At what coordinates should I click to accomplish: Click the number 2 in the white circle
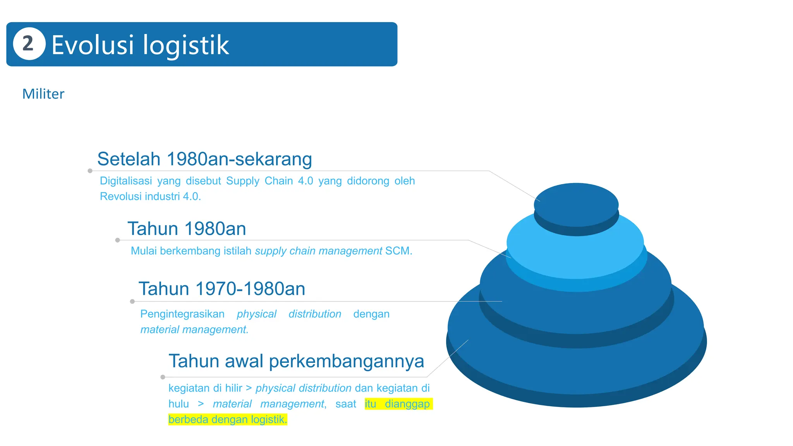point(28,44)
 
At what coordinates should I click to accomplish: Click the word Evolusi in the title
point(93,45)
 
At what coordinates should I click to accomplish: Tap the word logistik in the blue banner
point(186,46)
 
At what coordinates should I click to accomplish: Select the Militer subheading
point(43,94)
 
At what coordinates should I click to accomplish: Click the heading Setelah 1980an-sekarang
point(204,159)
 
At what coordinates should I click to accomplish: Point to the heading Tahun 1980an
point(187,229)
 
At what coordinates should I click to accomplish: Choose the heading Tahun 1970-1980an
point(222,289)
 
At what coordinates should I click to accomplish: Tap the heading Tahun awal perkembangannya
point(296,361)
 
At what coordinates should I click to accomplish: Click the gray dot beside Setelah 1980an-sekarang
point(90,171)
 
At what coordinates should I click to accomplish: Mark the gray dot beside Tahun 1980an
point(117,240)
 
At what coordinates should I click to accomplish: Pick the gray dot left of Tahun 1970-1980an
point(132,301)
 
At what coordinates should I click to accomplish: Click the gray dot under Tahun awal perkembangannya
point(163,377)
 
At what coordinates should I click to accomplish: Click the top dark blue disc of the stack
point(576,204)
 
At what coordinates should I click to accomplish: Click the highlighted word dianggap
point(407,404)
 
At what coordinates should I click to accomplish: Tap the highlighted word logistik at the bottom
point(269,419)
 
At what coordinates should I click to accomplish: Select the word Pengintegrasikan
point(182,314)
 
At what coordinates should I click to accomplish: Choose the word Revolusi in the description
point(120,197)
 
